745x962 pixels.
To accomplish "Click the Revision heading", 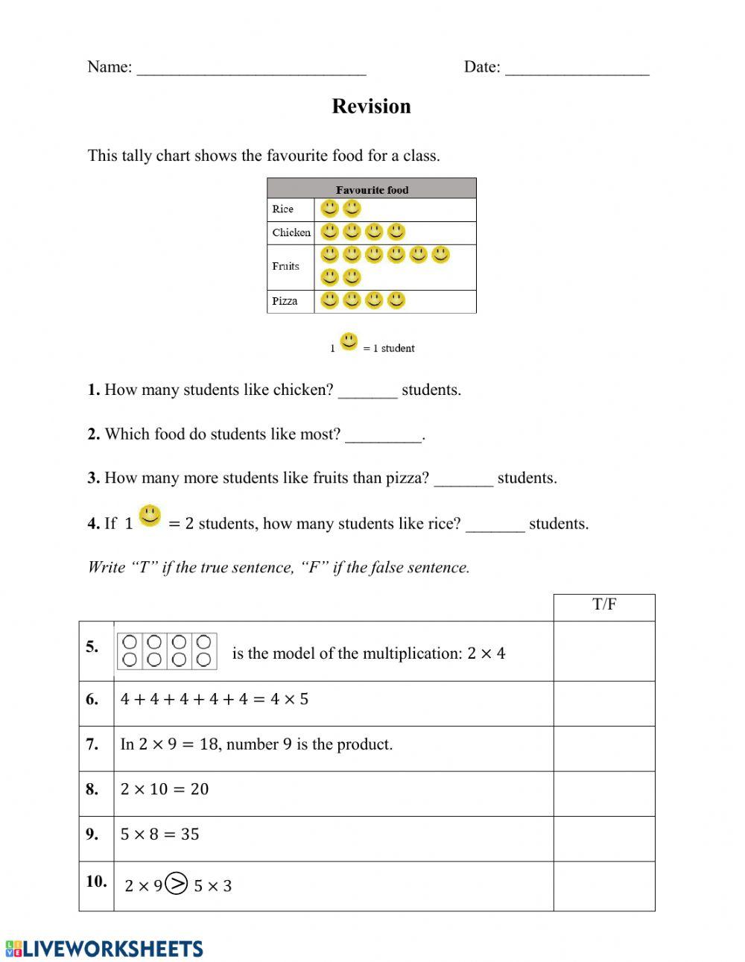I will click(371, 107).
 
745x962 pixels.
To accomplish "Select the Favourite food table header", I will click(372, 189).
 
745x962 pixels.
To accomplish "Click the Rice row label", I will click(283, 209).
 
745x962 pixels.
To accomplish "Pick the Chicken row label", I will click(291, 232).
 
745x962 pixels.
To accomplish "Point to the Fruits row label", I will click(286, 266).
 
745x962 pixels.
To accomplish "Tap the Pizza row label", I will click(285, 301).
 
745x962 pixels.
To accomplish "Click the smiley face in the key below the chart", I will click(349, 342).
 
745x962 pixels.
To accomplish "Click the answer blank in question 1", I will click(367, 394).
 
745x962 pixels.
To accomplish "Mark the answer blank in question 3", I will click(463, 482).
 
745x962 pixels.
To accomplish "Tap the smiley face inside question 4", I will click(150, 516).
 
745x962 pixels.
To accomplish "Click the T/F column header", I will click(604, 605).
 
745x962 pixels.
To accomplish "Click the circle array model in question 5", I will click(168, 651).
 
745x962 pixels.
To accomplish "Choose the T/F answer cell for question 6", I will click(604, 703).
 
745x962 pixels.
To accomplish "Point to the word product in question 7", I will click(366, 744).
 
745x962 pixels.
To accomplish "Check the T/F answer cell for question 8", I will click(604, 794).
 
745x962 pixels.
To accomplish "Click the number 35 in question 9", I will click(190, 834).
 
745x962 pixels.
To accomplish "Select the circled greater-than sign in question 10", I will click(177, 884).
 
